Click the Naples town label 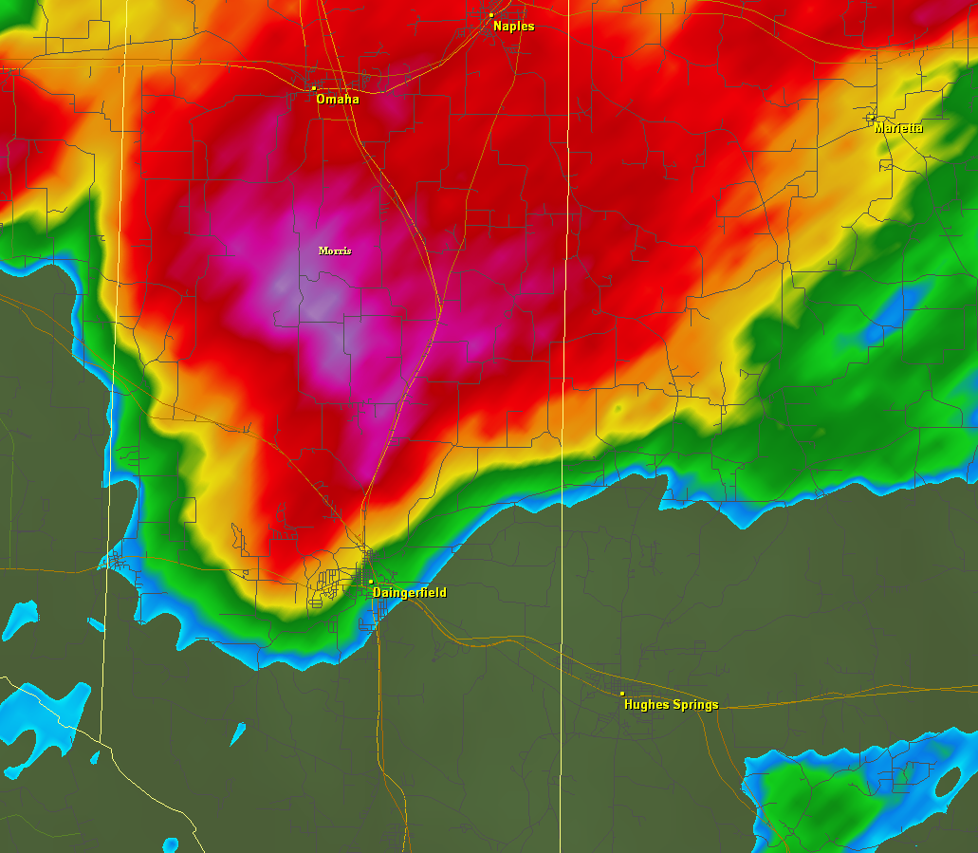click(x=514, y=27)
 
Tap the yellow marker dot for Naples click(x=491, y=15)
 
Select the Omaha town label click(x=338, y=100)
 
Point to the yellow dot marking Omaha click(x=314, y=88)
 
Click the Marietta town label click(x=898, y=128)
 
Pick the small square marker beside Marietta click(x=871, y=119)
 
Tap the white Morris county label click(x=335, y=250)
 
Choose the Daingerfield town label click(x=410, y=593)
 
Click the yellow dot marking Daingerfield click(x=371, y=582)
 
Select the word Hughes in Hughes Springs click(x=646, y=705)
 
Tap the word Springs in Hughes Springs click(x=695, y=705)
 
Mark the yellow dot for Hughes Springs click(x=622, y=694)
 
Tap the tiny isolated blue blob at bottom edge click(x=170, y=844)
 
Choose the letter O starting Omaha click(x=322, y=100)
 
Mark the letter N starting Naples click(x=498, y=27)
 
